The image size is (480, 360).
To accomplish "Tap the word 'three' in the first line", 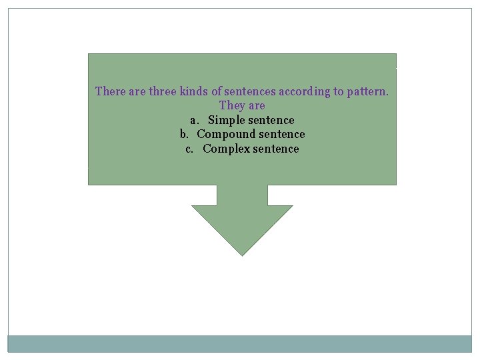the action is click(163, 91).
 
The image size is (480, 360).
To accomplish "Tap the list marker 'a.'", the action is click(194, 121).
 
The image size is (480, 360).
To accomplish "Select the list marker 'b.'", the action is click(185, 135).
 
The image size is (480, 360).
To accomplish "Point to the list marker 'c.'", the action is click(189, 149).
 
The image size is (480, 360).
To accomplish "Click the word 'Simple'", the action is click(226, 121).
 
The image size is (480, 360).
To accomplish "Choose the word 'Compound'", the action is click(224, 135).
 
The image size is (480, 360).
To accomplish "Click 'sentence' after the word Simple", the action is click(271, 121).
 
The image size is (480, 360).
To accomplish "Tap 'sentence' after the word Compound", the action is click(279, 135).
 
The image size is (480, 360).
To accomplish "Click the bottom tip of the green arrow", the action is click(242, 254).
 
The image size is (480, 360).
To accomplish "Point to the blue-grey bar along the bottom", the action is click(240, 343).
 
